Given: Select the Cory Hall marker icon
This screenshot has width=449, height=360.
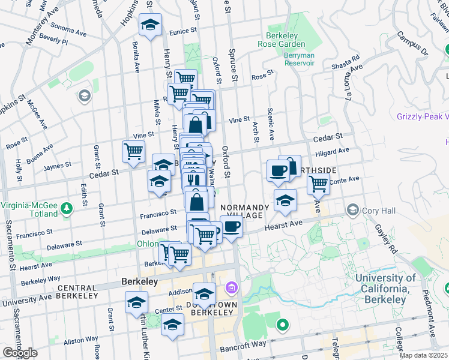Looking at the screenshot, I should pos(353,210).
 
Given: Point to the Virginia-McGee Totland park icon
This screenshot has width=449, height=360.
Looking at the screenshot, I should pos(67,208).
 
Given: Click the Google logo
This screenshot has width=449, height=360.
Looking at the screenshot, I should pos(20,353).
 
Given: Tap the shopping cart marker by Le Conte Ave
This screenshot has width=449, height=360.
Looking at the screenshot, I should pos(318,182).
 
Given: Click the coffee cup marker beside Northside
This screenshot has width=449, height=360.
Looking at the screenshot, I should pos(278,169).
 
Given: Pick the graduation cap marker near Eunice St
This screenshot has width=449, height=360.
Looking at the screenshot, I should pos(149,25).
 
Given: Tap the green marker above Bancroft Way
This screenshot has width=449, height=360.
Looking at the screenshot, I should pos(282,326).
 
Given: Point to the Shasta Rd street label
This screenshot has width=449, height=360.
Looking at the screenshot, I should pos(346,63).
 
